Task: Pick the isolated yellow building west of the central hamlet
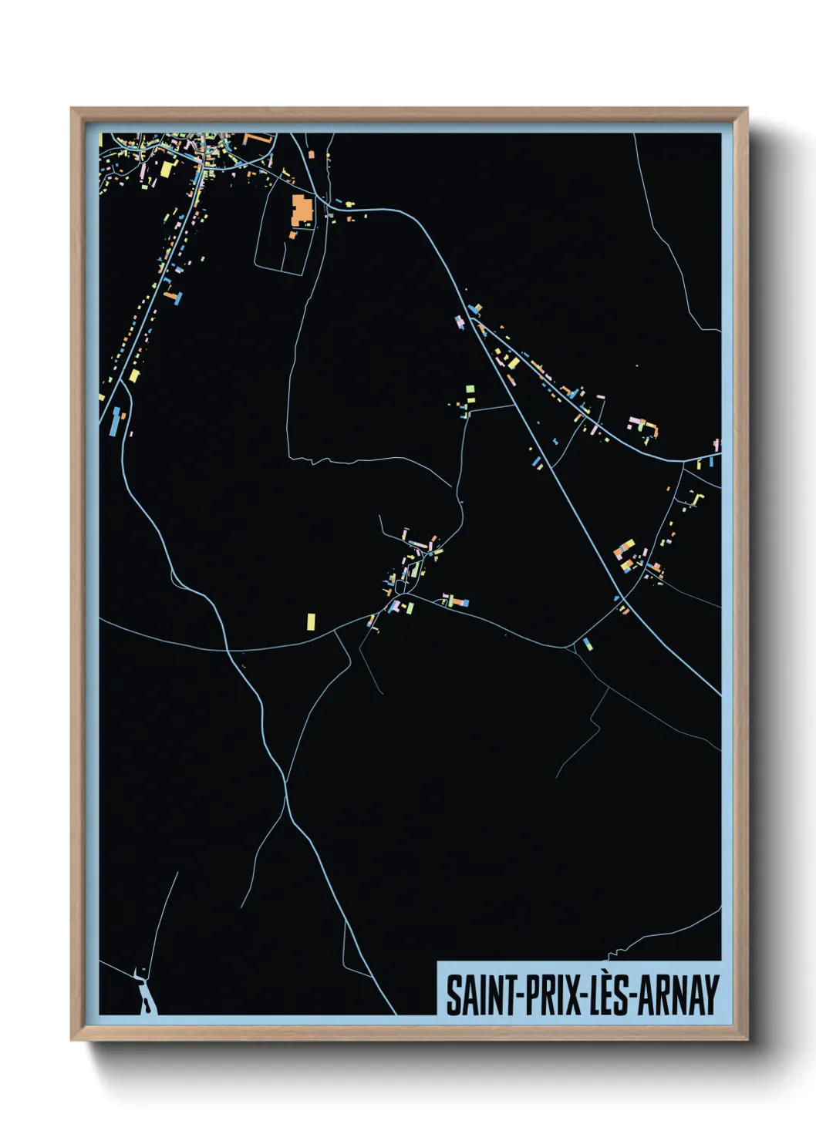[x=311, y=621]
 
